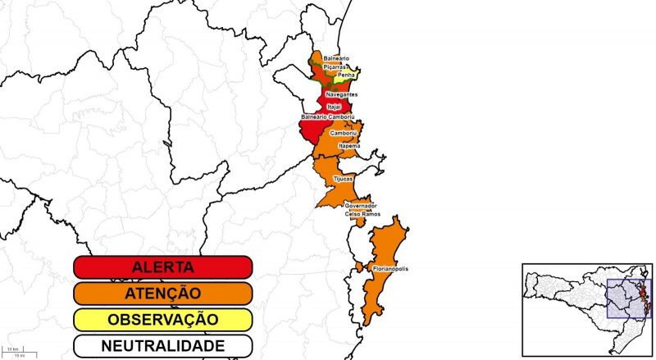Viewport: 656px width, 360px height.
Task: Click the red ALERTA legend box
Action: pyautogui.click(x=162, y=267)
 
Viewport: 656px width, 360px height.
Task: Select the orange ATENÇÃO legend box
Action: pyautogui.click(x=162, y=293)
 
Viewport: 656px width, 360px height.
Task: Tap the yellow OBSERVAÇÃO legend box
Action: pyautogui.click(x=162, y=319)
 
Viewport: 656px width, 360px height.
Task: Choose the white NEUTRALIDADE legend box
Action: pyautogui.click(x=162, y=346)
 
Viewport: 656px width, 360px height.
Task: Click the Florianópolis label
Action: pyautogui.click(x=390, y=269)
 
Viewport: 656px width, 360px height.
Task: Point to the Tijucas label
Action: pyautogui.click(x=344, y=178)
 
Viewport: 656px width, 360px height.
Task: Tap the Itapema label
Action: pyautogui.click(x=349, y=146)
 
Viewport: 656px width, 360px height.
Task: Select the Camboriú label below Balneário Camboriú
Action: pyautogui.click(x=342, y=132)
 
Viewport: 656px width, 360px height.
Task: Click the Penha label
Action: pyautogui.click(x=346, y=75)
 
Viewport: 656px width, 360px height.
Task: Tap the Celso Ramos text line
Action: pyautogui.click(x=361, y=213)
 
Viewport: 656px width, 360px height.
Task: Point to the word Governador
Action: pyautogui.click(x=361, y=205)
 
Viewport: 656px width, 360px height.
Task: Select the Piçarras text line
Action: pyautogui.click(x=335, y=66)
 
